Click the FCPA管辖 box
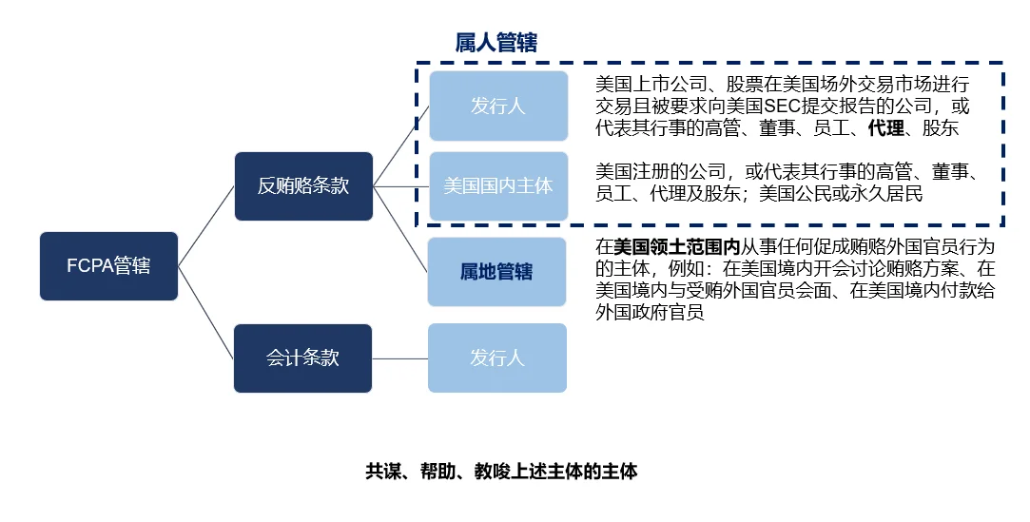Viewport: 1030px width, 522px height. click(x=108, y=266)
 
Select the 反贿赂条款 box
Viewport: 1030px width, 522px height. click(x=303, y=186)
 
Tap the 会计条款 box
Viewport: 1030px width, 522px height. click(x=303, y=358)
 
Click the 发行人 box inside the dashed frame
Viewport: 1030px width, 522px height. click(x=498, y=106)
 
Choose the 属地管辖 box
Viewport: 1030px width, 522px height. click(x=496, y=272)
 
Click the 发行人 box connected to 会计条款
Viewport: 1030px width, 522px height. click(x=496, y=358)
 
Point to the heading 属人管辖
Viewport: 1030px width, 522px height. click(x=496, y=43)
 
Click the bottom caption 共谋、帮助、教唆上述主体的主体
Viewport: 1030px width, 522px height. click(x=501, y=472)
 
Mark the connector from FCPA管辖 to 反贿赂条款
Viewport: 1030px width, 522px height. click(x=206, y=225)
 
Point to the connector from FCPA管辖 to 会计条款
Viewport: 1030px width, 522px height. click(x=206, y=313)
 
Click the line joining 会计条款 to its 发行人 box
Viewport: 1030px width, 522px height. click(x=399, y=358)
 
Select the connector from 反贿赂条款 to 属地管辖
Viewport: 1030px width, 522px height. click(x=399, y=229)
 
